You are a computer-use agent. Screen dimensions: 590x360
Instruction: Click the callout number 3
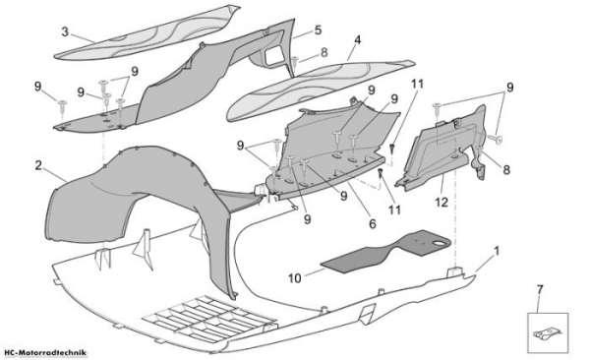tap(65, 32)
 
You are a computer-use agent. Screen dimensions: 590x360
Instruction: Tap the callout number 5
tap(319, 30)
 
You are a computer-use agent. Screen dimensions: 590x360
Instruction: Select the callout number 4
tap(357, 39)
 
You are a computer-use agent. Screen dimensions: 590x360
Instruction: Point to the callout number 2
tap(38, 165)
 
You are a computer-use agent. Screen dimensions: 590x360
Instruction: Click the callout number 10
tap(295, 278)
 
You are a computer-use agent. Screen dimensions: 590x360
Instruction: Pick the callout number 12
tap(442, 203)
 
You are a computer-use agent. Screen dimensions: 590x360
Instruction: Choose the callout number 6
tap(373, 223)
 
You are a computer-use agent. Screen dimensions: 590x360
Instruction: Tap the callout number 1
tap(497, 251)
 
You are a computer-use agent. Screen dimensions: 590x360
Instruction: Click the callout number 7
tap(540, 290)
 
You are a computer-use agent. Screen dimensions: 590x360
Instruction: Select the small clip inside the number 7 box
tap(547, 334)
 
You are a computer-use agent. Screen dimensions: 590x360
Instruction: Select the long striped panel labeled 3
tap(147, 32)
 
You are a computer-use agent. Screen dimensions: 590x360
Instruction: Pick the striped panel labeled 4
tap(320, 90)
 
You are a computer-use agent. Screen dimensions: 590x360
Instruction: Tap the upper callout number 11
tap(417, 84)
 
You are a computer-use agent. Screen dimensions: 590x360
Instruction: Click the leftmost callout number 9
tap(37, 87)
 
